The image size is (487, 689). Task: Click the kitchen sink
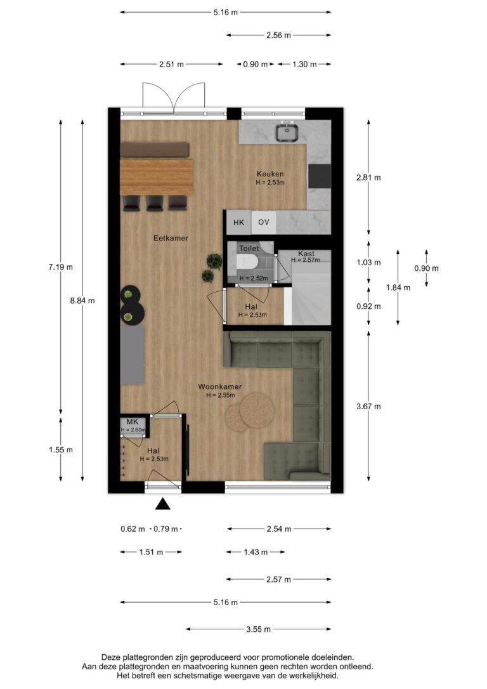(287, 132)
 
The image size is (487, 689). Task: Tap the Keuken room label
(270, 174)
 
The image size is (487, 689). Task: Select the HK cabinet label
(238, 223)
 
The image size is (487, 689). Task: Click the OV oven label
(264, 222)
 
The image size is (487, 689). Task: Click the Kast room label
(306, 254)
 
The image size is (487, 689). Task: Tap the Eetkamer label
(171, 238)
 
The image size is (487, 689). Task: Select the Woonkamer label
(220, 386)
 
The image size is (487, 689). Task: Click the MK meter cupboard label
(132, 422)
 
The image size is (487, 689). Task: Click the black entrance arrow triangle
(162, 504)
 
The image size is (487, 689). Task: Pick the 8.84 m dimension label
(82, 301)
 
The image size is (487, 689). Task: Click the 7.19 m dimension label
(61, 266)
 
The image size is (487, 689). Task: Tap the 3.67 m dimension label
(368, 407)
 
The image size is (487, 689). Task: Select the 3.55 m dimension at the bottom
(258, 629)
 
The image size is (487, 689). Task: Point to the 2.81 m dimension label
(368, 178)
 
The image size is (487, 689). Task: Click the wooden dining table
(157, 176)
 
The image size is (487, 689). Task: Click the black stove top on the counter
(319, 176)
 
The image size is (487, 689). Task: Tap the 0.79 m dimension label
(166, 529)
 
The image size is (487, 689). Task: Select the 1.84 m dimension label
(398, 288)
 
